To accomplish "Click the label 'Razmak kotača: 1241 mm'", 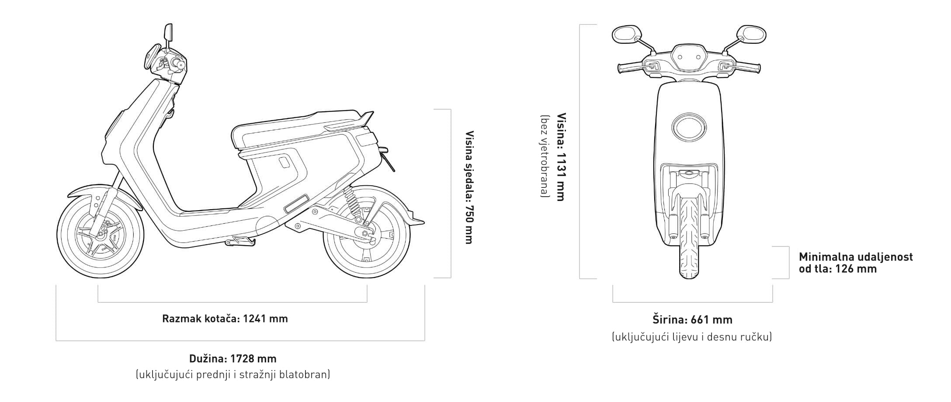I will click(x=225, y=319).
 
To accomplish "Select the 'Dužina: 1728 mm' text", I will click(x=233, y=359).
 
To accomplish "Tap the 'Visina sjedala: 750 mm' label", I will click(x=469, y=187).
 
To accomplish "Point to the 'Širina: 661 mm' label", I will click(x=692, y=320).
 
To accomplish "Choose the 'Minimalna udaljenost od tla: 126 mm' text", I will click(x=855, y=263).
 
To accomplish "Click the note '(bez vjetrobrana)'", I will click(x=545, y=156).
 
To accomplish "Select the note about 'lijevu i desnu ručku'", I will click(x=692, y=337).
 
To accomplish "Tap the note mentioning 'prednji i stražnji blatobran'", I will click(x=233, y=374).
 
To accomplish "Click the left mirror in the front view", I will click(x=626, y=35).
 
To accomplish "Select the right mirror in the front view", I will click(x=751, y=34).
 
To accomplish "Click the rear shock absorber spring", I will click(x=352, y=201).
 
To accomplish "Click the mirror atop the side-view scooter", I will click(x=168, y=32).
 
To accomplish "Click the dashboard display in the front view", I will click(x=689, y=57).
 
